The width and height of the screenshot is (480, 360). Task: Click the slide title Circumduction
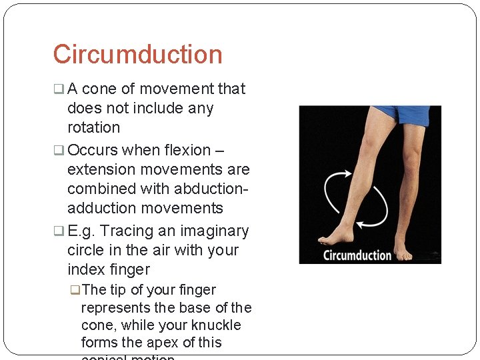137,54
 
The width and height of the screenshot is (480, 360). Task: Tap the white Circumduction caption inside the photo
357,255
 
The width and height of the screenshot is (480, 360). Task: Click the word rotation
93,127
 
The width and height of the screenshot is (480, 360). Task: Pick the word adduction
101,208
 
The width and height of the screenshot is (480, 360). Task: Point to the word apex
164,343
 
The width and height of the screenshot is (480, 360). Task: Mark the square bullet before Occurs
59,151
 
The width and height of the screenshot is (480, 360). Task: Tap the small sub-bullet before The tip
75,290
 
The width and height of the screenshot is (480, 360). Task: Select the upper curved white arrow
333,187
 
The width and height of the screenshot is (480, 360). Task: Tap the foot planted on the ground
403,251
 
